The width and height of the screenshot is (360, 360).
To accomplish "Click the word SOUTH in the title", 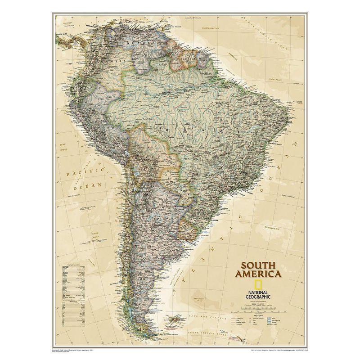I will tap(258, 265).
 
